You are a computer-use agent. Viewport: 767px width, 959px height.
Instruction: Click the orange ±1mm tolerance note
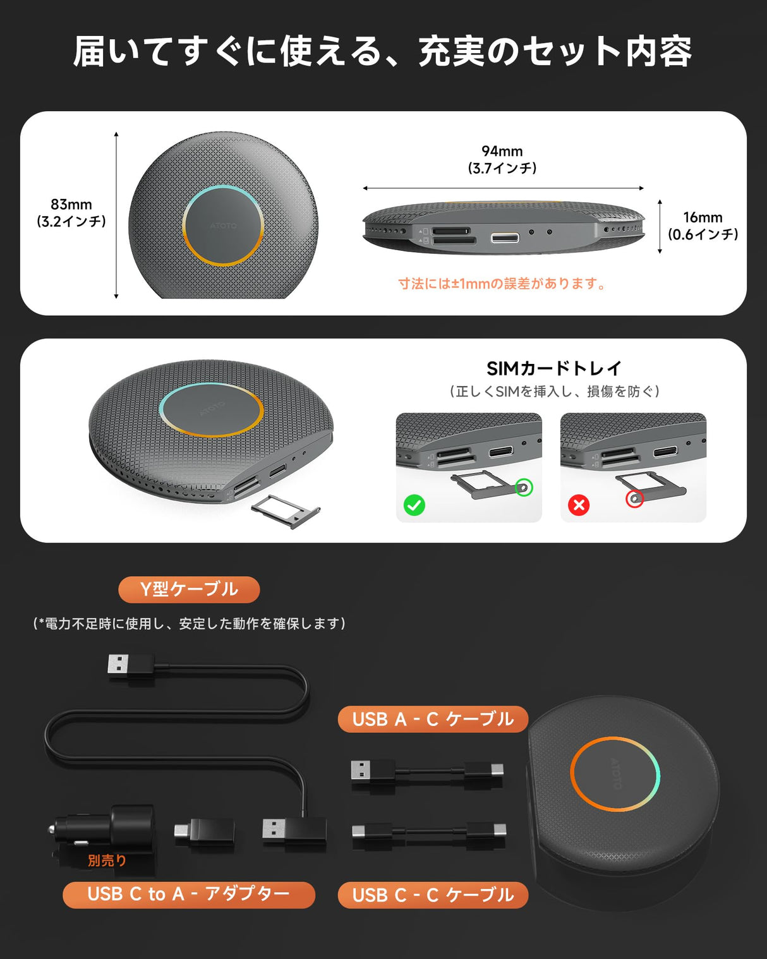click(x=502, y=284)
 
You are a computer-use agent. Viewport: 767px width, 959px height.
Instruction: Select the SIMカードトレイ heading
click(x=554, y=368)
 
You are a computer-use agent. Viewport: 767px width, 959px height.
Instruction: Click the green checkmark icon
click(x=414, y=505)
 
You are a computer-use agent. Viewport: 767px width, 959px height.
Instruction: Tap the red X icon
click(x=579, y=505)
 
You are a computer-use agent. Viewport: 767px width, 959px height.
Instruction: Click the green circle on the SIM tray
click(x=524, y=488)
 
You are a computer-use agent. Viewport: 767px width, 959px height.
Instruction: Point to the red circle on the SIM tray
click(x=634, y=499)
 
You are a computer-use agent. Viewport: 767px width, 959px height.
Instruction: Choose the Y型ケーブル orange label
click(x=189, y=589)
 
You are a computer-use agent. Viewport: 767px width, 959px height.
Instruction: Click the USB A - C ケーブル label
click(x=433, y=720)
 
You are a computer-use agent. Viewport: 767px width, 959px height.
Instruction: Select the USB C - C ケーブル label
click(x=433, y=895)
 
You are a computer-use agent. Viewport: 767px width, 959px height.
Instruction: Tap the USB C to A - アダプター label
click(x=189, y=895)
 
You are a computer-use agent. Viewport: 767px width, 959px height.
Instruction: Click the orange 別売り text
click(x=107, y=860)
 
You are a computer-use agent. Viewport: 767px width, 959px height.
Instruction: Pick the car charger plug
click(x=104, y=828)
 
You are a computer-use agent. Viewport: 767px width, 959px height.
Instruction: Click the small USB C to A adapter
click(x=204, y=831)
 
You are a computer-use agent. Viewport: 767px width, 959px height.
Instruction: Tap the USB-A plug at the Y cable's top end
click(x=130, y=666)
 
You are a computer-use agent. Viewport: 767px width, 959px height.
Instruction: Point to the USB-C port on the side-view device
click(x=505, y=238)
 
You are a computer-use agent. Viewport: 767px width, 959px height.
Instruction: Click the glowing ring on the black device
click(x=615, y=774)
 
